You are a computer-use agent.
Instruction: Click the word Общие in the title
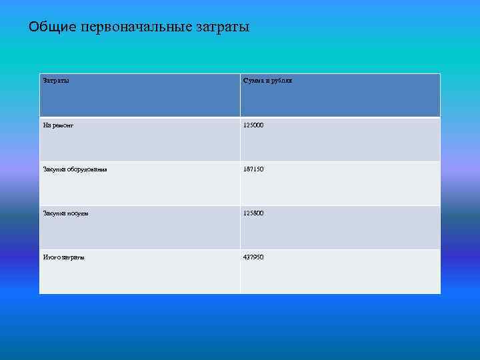point(53,27)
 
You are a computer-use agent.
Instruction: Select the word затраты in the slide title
point(223,27)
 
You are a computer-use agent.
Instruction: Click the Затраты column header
point(56,81)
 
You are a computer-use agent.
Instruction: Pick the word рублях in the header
point(283,81)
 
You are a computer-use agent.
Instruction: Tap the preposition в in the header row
point(269,81)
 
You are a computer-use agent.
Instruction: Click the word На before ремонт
point(47,125)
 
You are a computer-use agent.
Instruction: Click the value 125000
point(253,125)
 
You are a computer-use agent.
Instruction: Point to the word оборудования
point(88,169)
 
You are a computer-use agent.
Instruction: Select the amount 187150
point(253,169)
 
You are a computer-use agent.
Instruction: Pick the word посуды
point(78,213)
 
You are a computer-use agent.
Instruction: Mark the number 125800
point(253,213)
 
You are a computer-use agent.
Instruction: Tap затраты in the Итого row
point(74,257)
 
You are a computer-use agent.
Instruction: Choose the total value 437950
point(253,257)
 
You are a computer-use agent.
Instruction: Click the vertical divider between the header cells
point(240,95)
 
